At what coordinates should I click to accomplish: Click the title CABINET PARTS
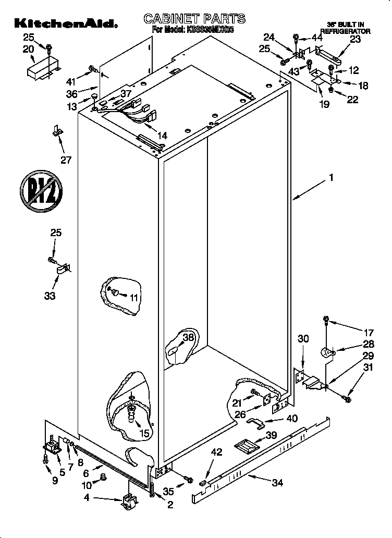click(x=194, y=19)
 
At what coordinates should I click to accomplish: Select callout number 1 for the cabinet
click(x=330, y=178)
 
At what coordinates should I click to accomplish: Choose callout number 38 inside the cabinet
click(x=188, y=337)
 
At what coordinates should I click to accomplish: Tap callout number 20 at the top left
click(x=28, y=48)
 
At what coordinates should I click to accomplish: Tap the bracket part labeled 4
click(x=128, y=502)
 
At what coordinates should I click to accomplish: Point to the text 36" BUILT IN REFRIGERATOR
click(x=345, y=28)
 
